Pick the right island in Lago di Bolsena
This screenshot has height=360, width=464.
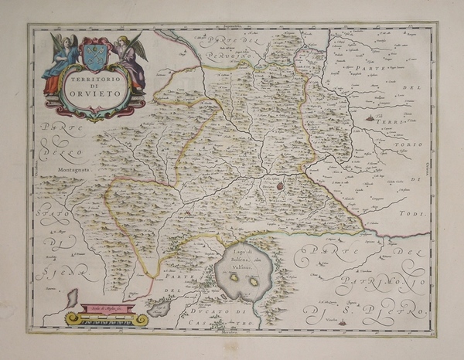(254, 284)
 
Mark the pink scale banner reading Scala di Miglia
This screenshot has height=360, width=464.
(105, 306)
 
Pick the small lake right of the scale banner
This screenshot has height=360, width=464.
(159, 309)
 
